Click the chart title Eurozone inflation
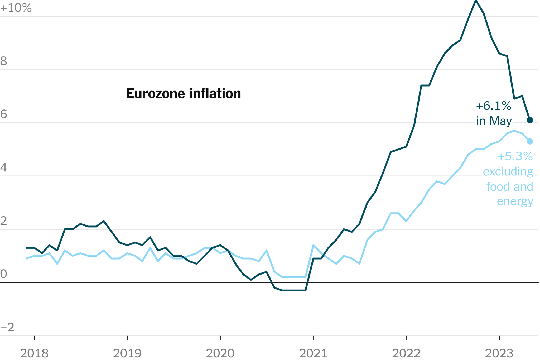[x=184, y=93]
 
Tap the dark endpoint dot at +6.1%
[x=530, y=120]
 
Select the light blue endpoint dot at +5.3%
[x=530, y=141]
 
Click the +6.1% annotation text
[x=493, y=106]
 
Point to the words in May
[x=494, y=121]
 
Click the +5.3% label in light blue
[x=515, y=156]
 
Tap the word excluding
[x=508, y=172]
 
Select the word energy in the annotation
[x=515, y=201]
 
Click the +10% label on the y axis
[x=16, y=8]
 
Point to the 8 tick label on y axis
[x=4, y=61]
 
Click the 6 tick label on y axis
[x=4, y=114]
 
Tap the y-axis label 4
[x=4, y=168]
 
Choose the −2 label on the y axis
[x=7, y=327]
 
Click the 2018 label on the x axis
[x=34, y=353]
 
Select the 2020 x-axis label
[x=220, y=353]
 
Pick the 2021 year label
[x=313, y=353]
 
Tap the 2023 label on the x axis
[x=499, y=353]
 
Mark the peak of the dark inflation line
[x=476, y=1]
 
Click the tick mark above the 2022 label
[x=406, y=338]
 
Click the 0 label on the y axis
[x=4, y=274]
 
